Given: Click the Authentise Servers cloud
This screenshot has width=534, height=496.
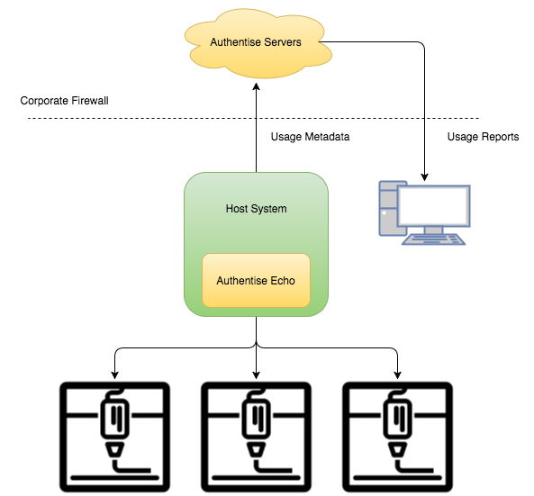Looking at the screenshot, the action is pyautogui.click(x=258, y=43).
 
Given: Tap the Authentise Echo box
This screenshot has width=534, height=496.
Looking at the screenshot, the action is pyautogui.click(x=256, y=280).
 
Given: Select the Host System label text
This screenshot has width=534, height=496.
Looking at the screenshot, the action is pyautogui.click(x=256, y=208).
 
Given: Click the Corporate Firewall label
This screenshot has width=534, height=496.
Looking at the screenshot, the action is pyautogui.click(x=64, y=101).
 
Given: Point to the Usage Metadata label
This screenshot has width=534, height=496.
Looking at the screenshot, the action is pyautogui.click(x=310, y=137).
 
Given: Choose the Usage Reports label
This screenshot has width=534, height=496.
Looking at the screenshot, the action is pyautogui.click(x=483, y=137).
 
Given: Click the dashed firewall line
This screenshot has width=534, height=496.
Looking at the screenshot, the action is pyautogui.click(x=253, y=118).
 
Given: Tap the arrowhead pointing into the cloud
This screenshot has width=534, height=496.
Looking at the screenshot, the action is pyautogui.click(x=256, y=86).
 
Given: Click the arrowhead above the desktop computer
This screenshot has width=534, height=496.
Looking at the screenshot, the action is pyautogui.click(x=424, y=177).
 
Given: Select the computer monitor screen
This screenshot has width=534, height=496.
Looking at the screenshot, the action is pyautogui.click(x=433, y=205).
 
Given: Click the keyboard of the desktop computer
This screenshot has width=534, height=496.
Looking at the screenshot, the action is pyautogui.click(x=433, y=239).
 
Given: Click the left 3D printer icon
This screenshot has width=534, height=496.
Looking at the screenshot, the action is pyautogui.click(x=114, y=437).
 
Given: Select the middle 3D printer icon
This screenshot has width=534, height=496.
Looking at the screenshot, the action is pyautogui.click(x=256, y=437).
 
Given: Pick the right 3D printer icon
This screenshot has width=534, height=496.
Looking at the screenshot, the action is pyautogui.click(x=397, y=437).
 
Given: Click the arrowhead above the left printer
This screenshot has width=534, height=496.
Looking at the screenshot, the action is pyautogui.click(x=114, y=375).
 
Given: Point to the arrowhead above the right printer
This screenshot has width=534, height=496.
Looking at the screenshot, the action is pyautogui.click(x=397, y=375).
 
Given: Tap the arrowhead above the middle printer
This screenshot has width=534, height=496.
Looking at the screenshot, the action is pyautogui.click(x=256, y=375).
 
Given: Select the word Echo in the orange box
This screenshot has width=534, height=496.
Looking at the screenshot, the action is pyautogui.click(x=283, y=281).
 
